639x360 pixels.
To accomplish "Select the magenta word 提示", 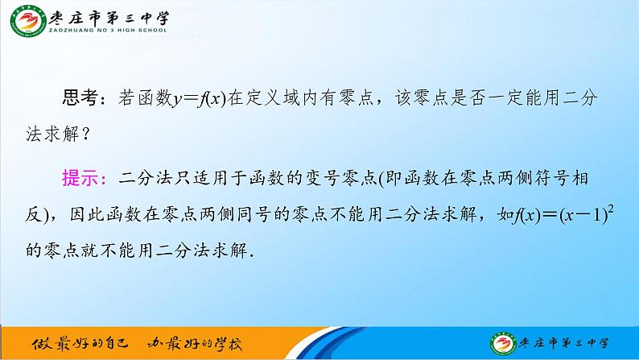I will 79,177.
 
